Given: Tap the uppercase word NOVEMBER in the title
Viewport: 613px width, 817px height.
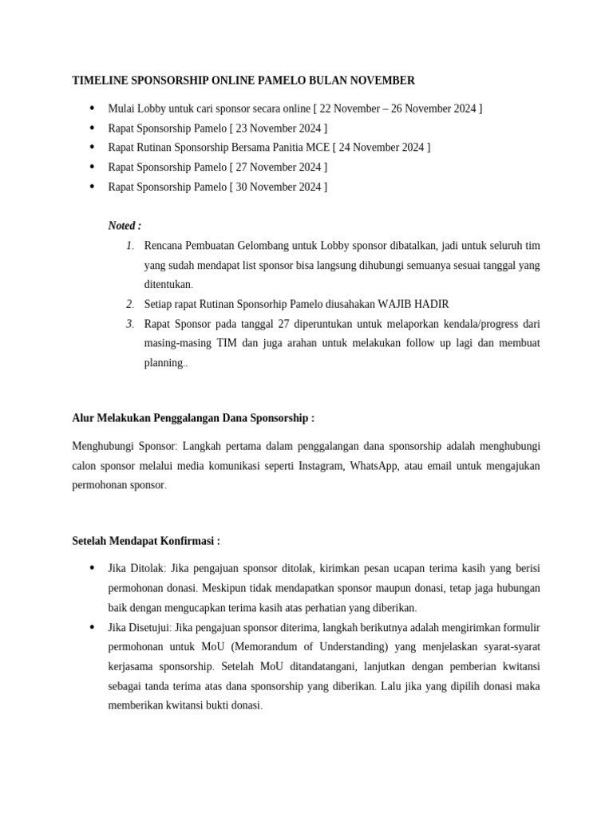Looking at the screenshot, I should pos(386,81).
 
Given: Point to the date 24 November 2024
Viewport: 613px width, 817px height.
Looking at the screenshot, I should pos(382,147).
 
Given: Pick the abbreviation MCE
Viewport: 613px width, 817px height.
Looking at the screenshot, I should pos(317,147).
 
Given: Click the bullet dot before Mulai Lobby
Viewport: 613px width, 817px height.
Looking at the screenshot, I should pos(91,108).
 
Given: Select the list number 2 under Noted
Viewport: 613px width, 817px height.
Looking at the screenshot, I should pos(129,304).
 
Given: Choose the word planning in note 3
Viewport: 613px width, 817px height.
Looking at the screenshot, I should pos(164,363).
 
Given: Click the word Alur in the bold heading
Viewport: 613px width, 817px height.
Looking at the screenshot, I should pos(83,417).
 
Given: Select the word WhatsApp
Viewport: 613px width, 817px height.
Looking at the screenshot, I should pos(374,466).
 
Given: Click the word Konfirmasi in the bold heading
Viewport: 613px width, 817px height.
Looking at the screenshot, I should pos(188,540).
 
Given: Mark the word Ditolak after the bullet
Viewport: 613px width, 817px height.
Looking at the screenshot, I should pos(146,568).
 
